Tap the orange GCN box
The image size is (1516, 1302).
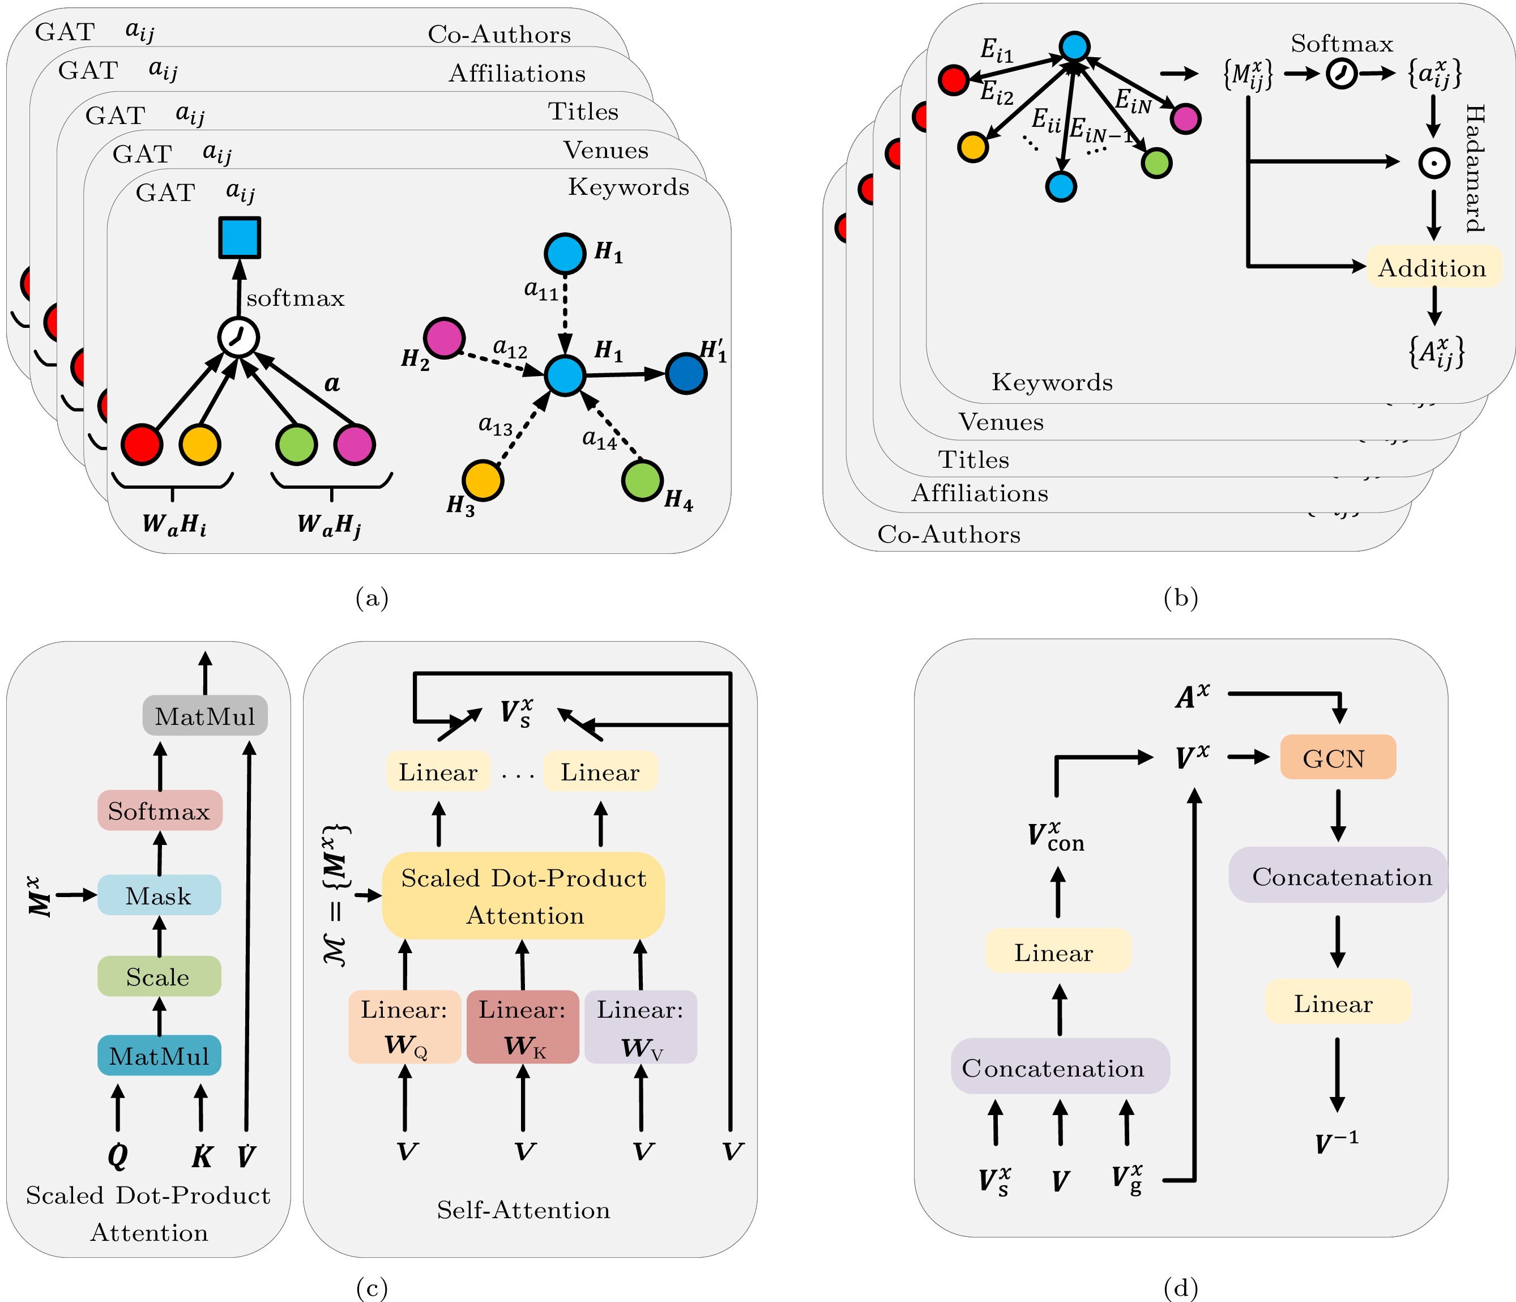(1338, 758)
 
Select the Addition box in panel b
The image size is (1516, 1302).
(1433, 267)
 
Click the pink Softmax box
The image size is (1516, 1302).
(160, 811)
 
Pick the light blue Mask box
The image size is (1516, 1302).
(159, 895)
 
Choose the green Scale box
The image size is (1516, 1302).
(159, 976)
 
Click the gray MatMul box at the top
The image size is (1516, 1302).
(205, 716)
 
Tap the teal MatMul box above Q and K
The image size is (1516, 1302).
(159, 1055)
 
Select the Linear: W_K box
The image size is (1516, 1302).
(522, 1027)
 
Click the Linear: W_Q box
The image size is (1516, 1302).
(404, 1027)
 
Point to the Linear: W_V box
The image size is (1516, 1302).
(640, 1027)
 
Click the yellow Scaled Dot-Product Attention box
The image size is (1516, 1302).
(523, 896)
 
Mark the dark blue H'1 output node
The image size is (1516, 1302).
(686, 374)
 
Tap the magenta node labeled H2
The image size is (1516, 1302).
(444, 338)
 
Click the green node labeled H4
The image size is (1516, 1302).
(642, 481)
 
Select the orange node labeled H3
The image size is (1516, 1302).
(483, 481)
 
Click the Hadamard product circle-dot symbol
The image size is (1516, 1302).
(1434, 163)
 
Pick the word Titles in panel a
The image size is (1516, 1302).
(583, 111)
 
